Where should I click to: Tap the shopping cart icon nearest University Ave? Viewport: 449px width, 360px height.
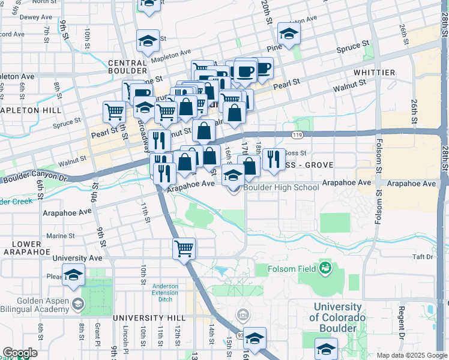pyautogui.click(x=184, y=248)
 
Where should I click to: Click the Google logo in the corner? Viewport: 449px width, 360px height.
pyautogui.click(x=20, y=353)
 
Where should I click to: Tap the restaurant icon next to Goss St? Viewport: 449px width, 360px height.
pyautogui.click(x=273, y=158)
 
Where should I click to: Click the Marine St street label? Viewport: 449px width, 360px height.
pyautogui.click(x=60, y=236)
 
